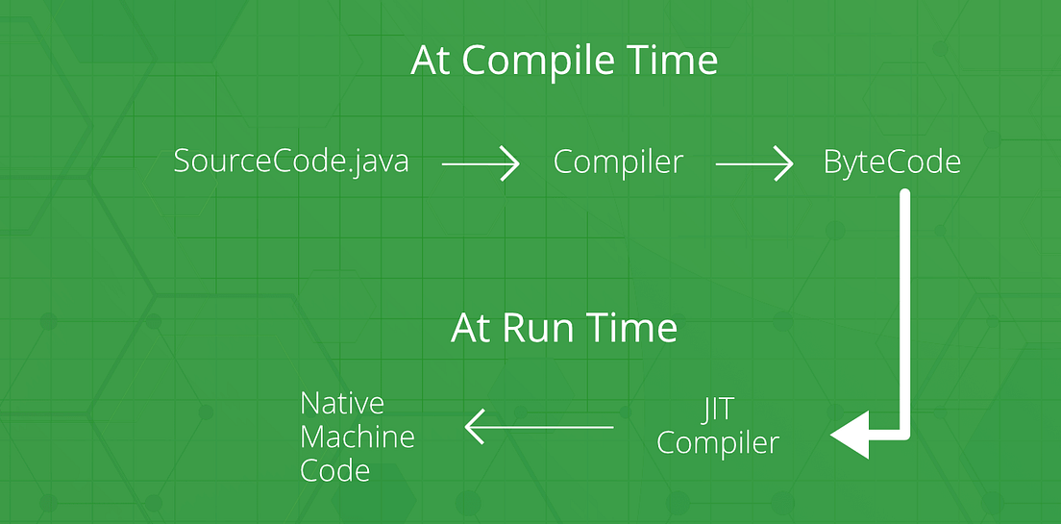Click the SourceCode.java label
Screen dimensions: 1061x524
[x=291, y=162]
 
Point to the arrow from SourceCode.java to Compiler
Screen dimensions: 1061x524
[x=480, y=164]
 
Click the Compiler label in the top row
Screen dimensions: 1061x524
[x=618, y=162]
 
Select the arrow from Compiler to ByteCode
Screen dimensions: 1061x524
[x=753, y=164]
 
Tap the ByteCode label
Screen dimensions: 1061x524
[x=892, y=162]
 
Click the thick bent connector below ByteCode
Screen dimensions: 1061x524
[x=904, y=308]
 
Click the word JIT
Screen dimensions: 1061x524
[x=717, y=410]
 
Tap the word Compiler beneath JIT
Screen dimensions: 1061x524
[x=717, y=443]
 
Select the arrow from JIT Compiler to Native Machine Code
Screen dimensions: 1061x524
[x=539, y=426]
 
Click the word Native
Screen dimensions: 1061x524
[x=342, y=403]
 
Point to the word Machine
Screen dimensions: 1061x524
[x=358, y=437]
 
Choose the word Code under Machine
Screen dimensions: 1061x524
[x=334, y=471]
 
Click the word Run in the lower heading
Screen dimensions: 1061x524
[x=538, y=329]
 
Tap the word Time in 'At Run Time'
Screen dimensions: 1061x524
[x=633, y=329]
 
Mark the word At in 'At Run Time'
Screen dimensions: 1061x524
[x=472, y=329]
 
